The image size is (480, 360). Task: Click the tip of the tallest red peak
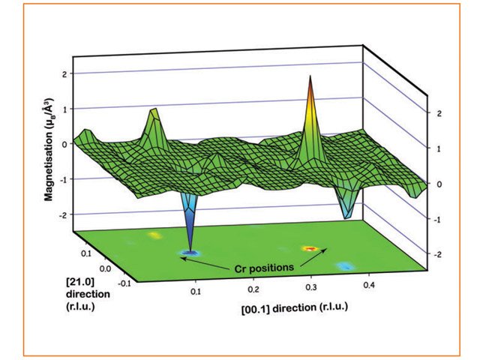point(309,76)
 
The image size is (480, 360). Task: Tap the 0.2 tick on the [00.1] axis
point(253,289)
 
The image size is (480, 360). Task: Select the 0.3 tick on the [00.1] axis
point(310,287)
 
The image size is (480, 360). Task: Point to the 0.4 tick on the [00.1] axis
point(367,286)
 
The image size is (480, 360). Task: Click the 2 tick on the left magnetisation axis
point(66,73)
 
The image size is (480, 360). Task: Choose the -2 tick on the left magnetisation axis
point(64,215)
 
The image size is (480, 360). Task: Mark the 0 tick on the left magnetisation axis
point(66,144)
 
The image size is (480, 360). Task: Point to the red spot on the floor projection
point(309,247)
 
